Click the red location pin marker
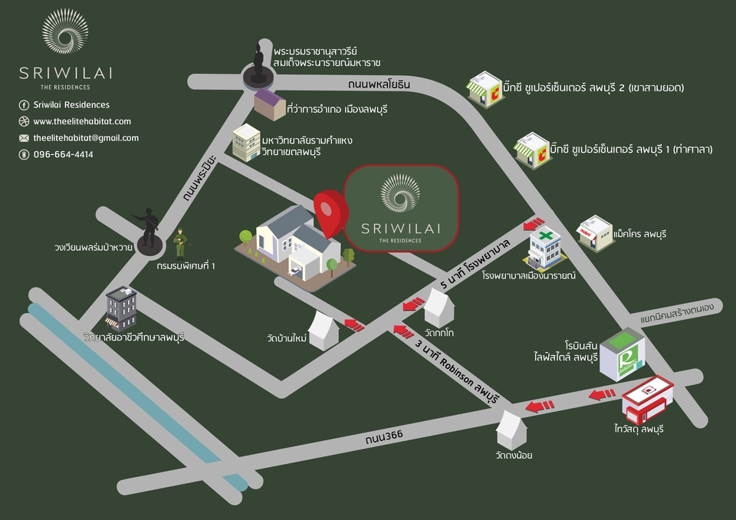[330, 212]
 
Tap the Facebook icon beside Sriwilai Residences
[24, 105]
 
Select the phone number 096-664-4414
[64, 155]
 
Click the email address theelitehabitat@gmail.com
[86, 138]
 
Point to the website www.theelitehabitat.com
[82, 121]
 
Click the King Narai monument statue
[258, 66]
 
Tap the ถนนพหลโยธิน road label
[379, 84]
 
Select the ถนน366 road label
[384, 437]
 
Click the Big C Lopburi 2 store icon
[485, 89]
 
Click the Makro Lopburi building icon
[595, 233]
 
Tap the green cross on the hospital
[545, 235]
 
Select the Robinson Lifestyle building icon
[623, 354]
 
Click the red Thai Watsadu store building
[647, 400]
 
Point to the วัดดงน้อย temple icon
[511, 429]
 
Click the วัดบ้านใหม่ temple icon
[324, 331]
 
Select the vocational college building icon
[121, 308]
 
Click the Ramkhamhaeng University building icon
[246, 143]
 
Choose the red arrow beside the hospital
[534, 223]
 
